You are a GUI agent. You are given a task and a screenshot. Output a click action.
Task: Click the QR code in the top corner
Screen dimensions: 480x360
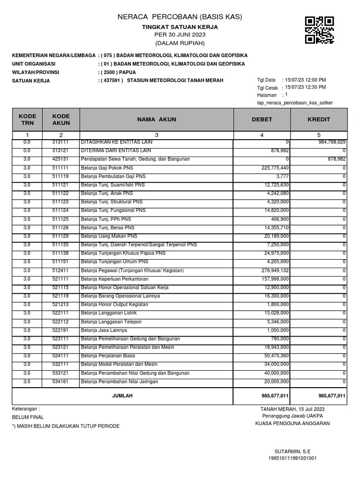click(319, 30)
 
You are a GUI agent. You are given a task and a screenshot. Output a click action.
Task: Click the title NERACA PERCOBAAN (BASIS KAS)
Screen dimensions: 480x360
click(180, 17)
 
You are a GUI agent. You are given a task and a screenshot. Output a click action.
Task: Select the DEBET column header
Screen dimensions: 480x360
click(262, 120)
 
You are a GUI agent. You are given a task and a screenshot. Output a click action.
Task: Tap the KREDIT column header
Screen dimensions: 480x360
click(319, 120)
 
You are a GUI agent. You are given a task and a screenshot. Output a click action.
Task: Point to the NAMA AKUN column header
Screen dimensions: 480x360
click(157, 120)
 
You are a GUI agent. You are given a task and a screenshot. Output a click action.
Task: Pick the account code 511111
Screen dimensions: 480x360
click(61, 167)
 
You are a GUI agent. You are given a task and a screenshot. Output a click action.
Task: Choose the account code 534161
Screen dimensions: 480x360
click(61, 382)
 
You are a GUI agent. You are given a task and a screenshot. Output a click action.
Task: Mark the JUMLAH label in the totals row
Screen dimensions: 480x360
click(122, 396)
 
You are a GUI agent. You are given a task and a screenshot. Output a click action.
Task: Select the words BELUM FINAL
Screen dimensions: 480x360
click(28, 417)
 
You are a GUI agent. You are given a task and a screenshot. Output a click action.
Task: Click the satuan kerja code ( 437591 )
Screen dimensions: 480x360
click(111, 81)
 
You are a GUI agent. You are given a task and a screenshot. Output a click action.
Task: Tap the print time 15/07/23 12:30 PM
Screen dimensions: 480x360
click(304, 87)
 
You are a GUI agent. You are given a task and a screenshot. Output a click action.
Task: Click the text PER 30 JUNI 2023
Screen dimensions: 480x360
click(180, 35)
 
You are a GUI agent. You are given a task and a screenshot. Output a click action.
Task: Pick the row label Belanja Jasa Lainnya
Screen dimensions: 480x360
click(104, 330)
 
